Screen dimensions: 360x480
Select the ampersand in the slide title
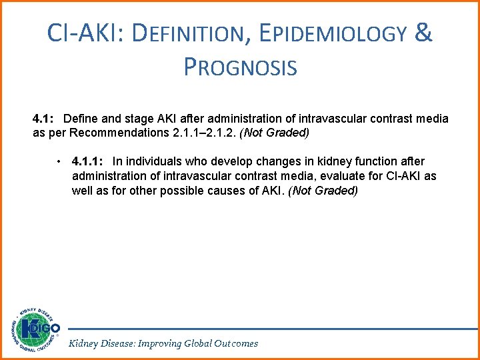[423, 33]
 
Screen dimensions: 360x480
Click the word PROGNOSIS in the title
[239, 67]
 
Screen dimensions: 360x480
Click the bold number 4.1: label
[45, 119]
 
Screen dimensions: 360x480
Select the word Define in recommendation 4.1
[81, 119]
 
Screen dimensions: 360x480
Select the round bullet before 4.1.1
[60, 162]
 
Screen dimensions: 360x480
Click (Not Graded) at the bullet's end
[323, 191]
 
